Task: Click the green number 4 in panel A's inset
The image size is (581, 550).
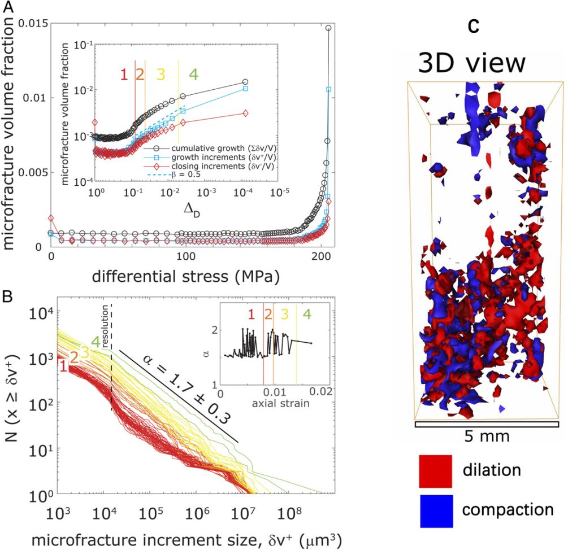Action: click(x=193, y=74)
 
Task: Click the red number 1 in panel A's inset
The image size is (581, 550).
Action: click(x=123, y=74)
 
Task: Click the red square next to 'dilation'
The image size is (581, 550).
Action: click(x=435, y=470)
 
